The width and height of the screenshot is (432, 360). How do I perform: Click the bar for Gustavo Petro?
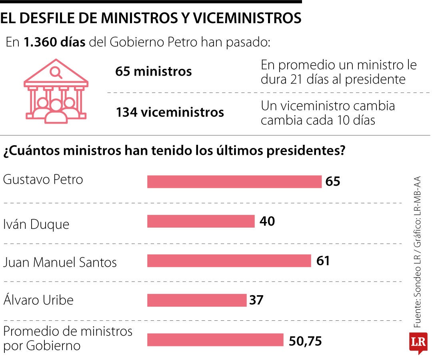234,182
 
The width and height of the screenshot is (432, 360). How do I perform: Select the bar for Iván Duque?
201,221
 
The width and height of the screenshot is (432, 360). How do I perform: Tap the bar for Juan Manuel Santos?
229,261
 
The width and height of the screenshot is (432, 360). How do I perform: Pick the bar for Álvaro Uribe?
197,300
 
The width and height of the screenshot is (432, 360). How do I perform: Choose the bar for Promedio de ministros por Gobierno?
215,340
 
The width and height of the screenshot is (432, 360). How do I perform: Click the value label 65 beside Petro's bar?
333,182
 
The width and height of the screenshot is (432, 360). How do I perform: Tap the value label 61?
323,261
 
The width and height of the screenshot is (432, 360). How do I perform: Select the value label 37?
256,300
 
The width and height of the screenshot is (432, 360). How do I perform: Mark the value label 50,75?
305,341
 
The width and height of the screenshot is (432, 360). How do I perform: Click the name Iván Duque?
36,224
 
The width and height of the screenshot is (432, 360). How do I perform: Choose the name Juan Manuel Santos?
60,263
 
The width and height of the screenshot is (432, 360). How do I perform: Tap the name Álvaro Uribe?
38,300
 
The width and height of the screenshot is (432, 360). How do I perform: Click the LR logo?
418,342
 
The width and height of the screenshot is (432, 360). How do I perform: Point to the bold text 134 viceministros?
170,112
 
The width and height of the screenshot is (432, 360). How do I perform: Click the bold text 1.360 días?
54,42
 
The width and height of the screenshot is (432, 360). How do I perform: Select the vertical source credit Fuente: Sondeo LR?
417,288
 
